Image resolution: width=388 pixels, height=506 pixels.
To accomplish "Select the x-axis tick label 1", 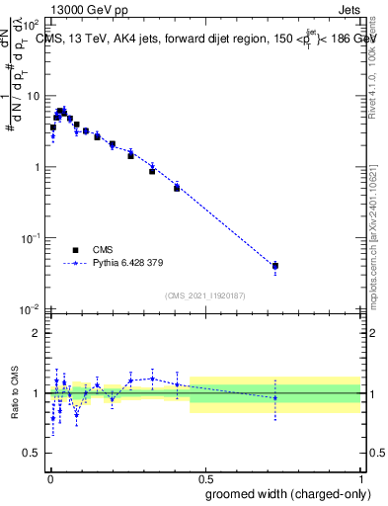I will pyautogui.click(x=361, y=478).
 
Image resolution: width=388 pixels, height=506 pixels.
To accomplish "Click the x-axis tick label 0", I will pyautogui.click(x=48, y=478).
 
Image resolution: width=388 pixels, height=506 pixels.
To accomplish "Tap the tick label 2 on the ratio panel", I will pyautogui.click(x=38, y=333).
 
